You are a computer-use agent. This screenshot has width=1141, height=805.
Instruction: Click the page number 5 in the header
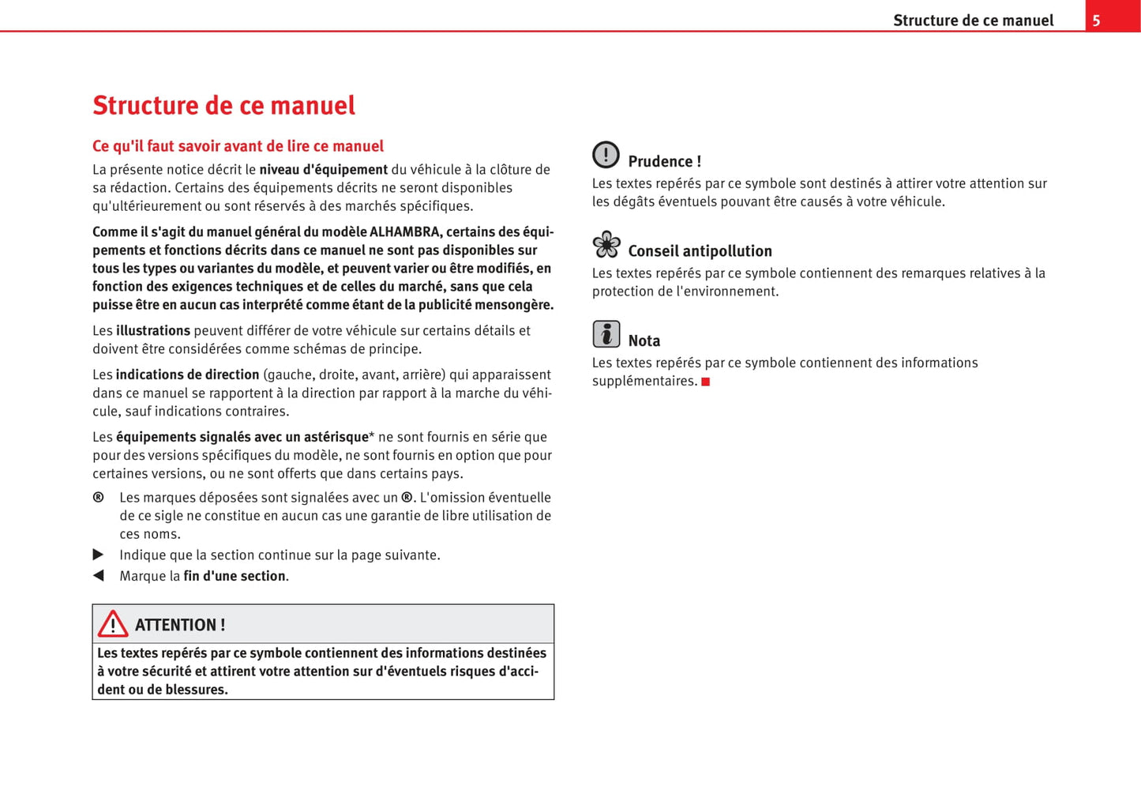(x=1096, y=21)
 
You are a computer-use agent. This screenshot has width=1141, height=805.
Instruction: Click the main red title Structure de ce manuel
(x=223, y=105)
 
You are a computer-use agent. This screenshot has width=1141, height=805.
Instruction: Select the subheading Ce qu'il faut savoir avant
(x=238, y=146)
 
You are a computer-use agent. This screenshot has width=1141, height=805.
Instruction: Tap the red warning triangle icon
(x=113, y=624)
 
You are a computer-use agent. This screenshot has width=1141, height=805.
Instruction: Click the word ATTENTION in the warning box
(x=174, y=625)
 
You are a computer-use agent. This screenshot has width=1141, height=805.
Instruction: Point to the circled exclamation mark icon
(x=606, y=155)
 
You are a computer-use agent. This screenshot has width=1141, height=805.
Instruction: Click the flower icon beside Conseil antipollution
(x=606, y=245)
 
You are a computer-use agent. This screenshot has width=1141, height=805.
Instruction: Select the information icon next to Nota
(x=606, y=334)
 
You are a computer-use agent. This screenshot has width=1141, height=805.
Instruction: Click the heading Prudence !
(x=664, y=161)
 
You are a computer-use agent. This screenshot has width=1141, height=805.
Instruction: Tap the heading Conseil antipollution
(x=700, y=251)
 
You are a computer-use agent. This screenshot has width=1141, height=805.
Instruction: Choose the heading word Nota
(x=644, y=340)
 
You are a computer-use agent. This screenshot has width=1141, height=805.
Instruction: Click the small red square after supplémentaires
(x=706, y=382)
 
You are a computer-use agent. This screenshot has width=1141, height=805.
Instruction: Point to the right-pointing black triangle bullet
(x=99, y=555)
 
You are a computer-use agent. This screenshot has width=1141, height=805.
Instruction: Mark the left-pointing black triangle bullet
(x=99, y=576)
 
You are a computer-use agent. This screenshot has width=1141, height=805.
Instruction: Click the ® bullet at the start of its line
(x=99, y=498)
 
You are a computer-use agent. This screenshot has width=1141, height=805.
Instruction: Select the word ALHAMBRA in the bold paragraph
(x=405, y=232)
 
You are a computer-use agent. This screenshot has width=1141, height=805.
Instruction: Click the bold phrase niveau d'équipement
(x=323, y=170)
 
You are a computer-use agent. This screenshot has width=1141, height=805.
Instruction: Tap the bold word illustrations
(x=153, y=331)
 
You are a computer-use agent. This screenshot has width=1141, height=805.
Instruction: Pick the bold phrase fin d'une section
(x=235, y=577)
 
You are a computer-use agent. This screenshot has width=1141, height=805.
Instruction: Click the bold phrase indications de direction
(x=187, y=375)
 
